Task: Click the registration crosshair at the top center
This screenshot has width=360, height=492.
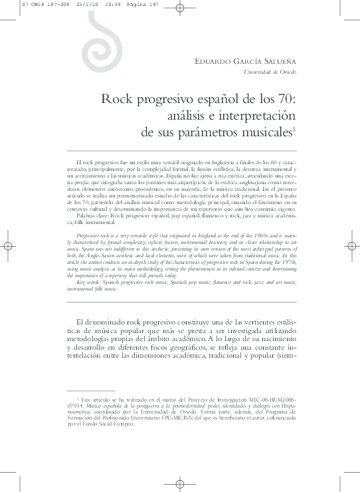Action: (181, 9)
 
